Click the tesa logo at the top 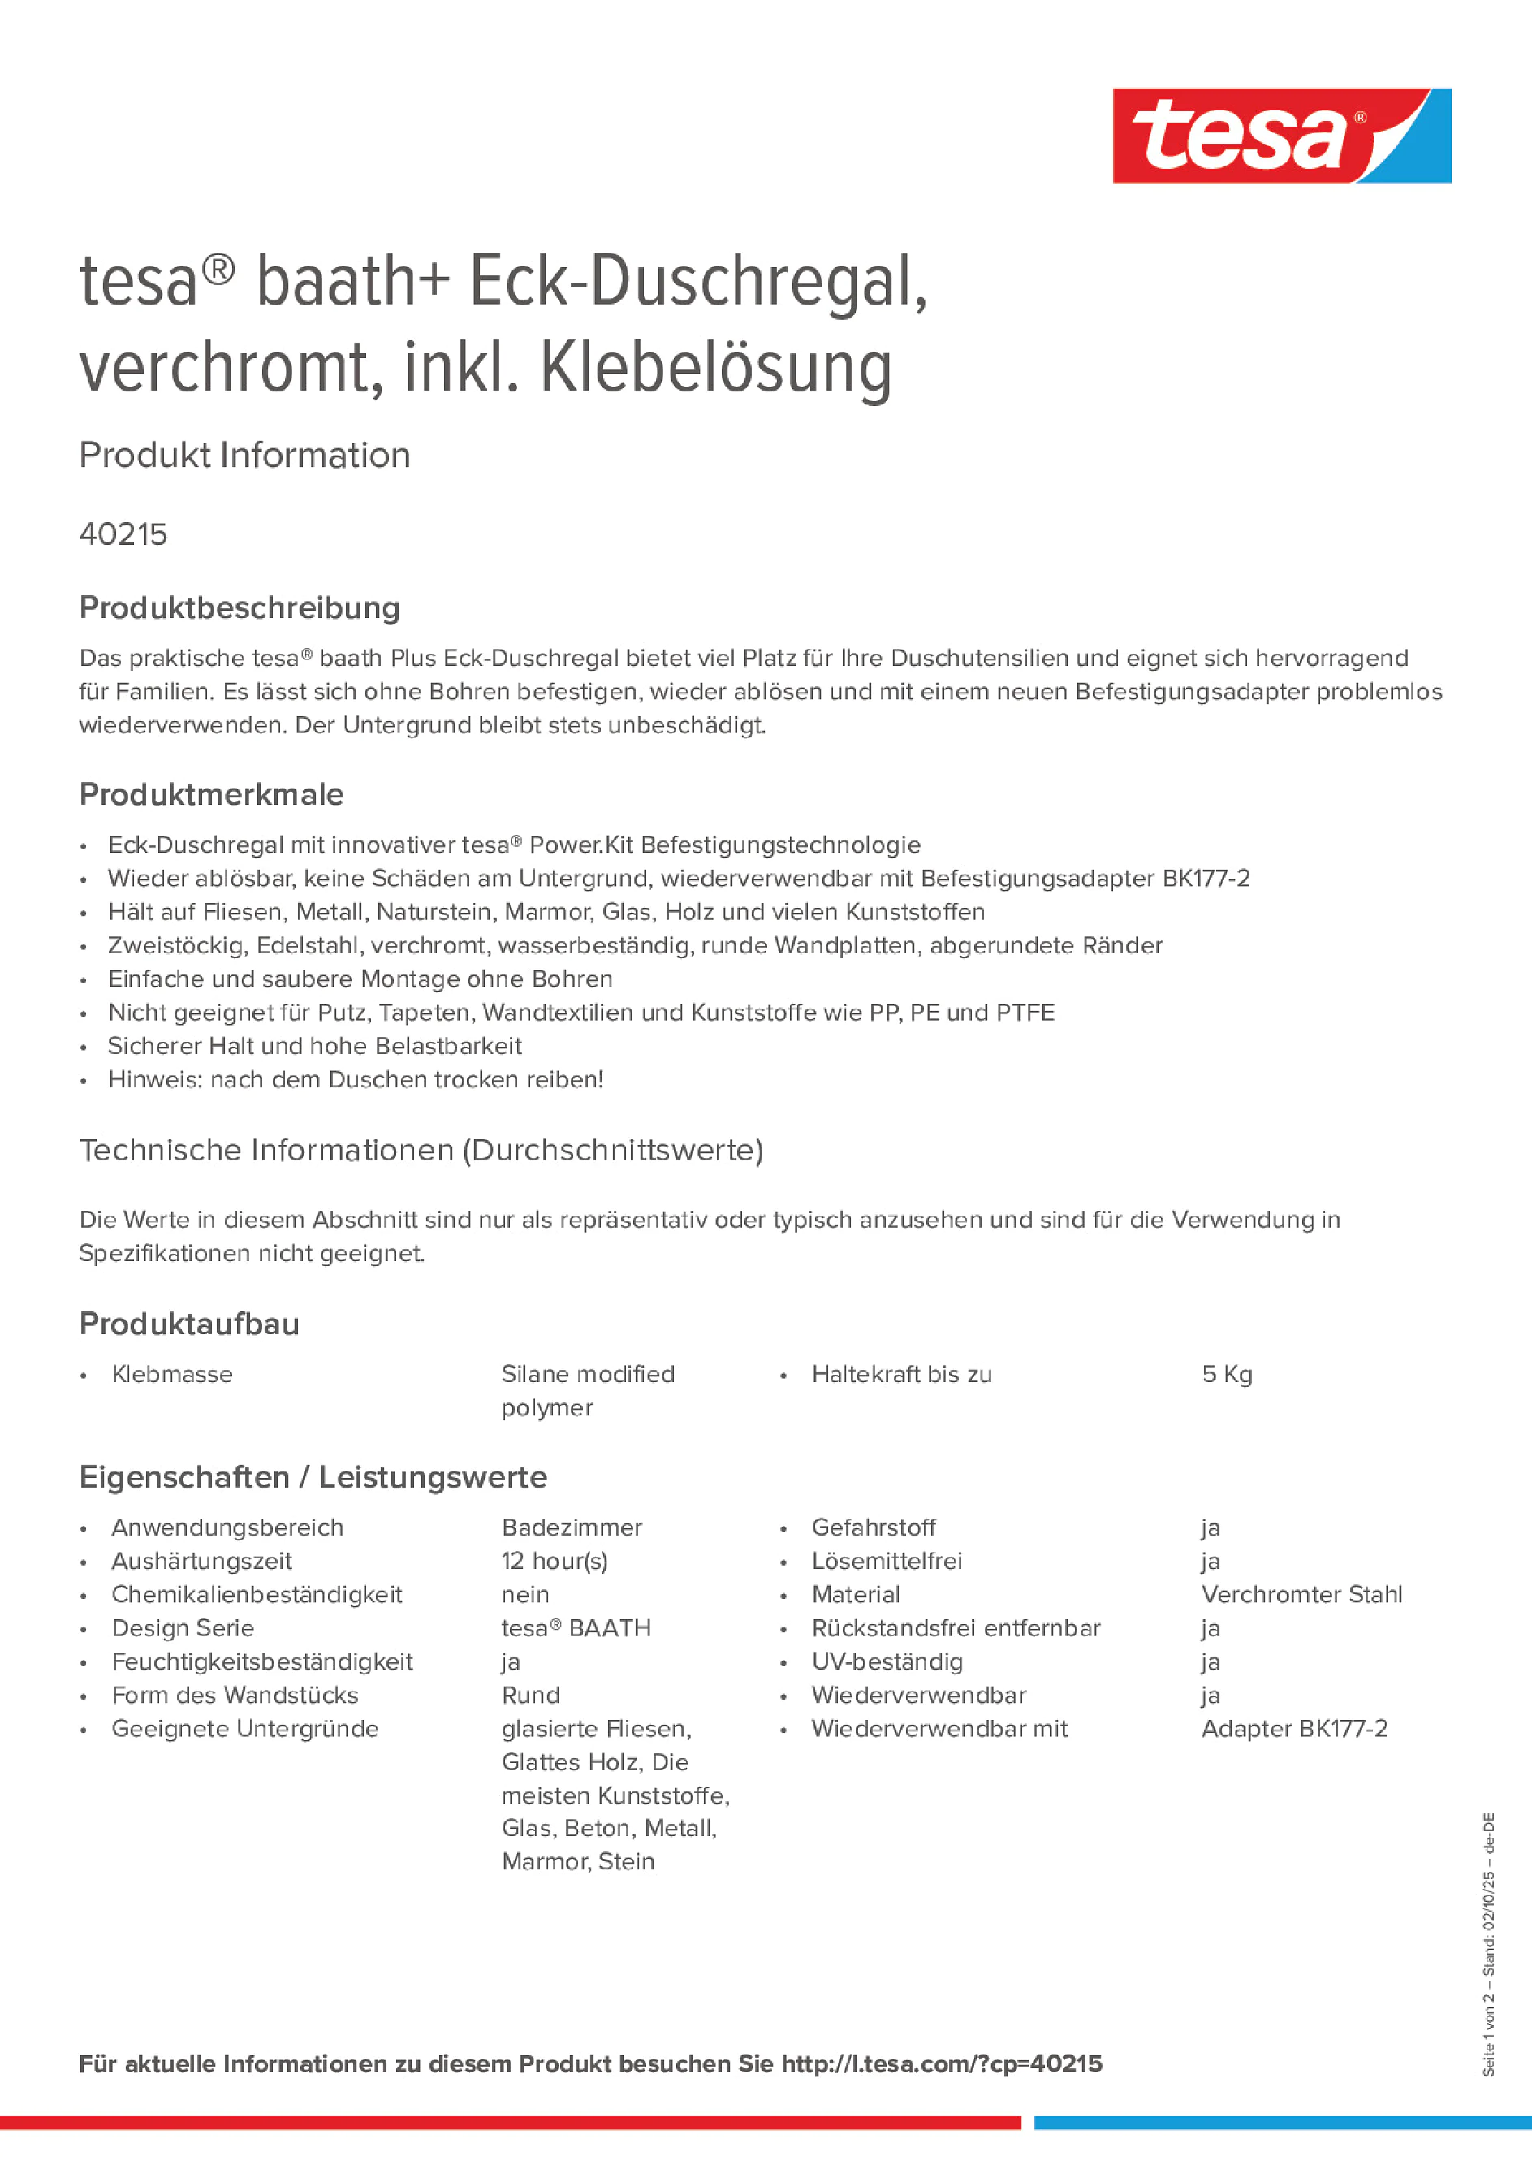click(x=1281, y=135)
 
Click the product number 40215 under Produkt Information click(x=123, y=534)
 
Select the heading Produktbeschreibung click(x=240, y=607)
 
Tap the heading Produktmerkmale click(x=212, y=794)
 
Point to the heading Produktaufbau click(x=189, y=1324)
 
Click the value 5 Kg click(x=1227, y=1375)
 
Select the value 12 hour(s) click(x=555, y=1562)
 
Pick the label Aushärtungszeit click(x=201, y=1562)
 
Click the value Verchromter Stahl click(x=1301, y=1595)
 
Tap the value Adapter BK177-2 click(x=1294, y=1729)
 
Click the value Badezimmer click(x=572, y=1527)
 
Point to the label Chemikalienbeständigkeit click(x=256, y=1595)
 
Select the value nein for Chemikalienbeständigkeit click(x=525, y=1595)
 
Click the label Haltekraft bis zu click(x=901, y=1375)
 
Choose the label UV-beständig click(x=887, y=1661)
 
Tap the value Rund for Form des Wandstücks click(x=531, y=1695)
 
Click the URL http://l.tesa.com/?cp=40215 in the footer click(x=941, y=2064)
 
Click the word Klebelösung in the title click(x=716, y=369)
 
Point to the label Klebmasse click(x=172, y=1375)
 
